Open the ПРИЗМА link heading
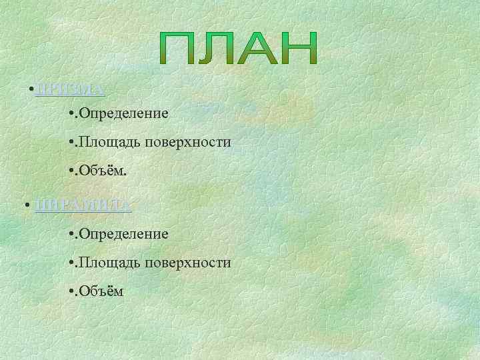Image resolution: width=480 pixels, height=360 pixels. point(69,89)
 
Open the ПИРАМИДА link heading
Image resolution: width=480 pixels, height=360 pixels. point(83,205)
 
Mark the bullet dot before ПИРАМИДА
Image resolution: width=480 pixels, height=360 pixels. point(25,205)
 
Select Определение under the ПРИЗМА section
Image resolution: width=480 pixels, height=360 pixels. point(124,114)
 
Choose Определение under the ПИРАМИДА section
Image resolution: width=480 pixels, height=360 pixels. point(124,234)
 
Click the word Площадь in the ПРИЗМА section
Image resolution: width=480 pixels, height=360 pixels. point(105,142)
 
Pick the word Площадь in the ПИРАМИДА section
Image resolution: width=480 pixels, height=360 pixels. point(105,263)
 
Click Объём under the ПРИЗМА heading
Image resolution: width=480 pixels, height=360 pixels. point(103,171)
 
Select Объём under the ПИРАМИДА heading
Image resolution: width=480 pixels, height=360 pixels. point(101,291)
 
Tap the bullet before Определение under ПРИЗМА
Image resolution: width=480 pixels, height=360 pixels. point(71,114)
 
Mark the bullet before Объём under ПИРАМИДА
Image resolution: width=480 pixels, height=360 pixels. point(71,292)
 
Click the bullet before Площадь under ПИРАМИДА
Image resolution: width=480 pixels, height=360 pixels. point(71,263)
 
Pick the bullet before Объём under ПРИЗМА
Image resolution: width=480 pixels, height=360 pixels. point(71,171)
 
